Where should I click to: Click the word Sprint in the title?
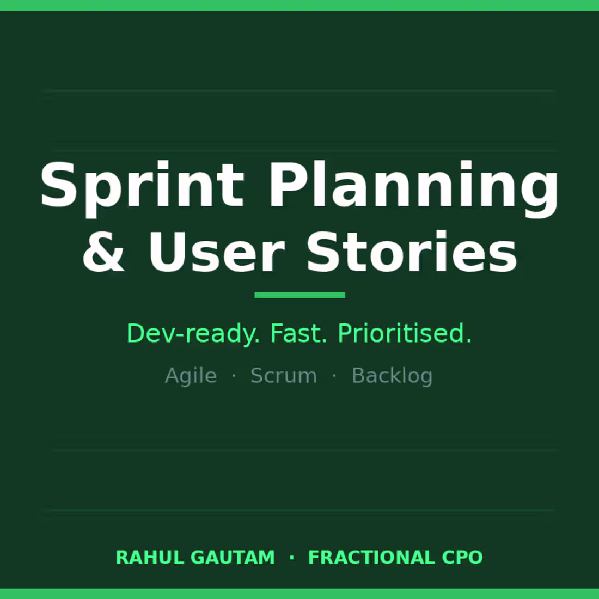142,185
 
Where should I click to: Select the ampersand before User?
103,252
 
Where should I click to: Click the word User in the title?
216,252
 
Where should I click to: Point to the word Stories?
411,252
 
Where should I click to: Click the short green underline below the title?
299,295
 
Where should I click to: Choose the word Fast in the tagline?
298,333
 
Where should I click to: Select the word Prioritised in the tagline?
404,333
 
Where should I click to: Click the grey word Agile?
191,376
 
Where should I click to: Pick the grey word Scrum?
283,376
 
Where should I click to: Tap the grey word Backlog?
392,376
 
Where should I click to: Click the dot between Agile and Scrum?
234,376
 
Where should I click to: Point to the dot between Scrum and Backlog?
334,376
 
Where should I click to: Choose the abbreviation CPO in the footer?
462,558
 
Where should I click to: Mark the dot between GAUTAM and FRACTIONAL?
292,558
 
